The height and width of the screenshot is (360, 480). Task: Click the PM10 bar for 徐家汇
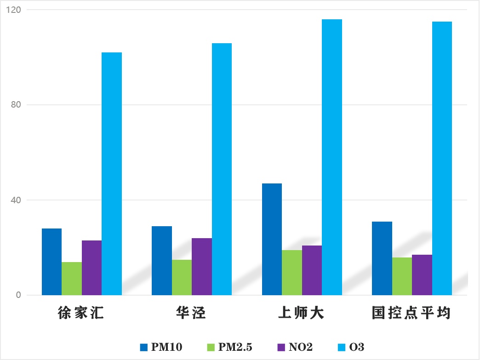point(51,262)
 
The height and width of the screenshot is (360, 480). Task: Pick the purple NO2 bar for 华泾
point(202,267)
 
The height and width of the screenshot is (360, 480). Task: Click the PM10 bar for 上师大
point(272,239)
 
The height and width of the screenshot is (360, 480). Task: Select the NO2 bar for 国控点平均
point(422,275)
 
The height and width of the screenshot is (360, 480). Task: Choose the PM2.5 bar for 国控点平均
point(402,276)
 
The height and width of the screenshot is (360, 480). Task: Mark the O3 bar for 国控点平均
point(442,158)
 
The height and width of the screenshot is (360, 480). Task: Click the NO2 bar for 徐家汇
point(91,268)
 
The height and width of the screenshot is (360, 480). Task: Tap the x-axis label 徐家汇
point(81,314)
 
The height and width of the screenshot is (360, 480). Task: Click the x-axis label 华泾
point(191,314)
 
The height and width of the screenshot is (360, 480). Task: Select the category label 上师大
point(301,314)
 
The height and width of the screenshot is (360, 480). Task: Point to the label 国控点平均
point(411,314)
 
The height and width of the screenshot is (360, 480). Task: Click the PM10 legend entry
point(161,347)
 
